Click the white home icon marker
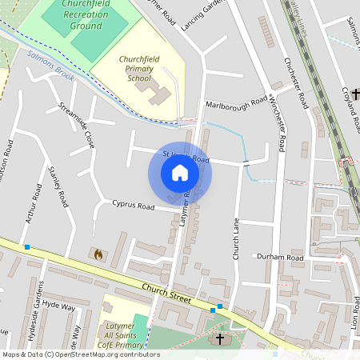pos(180,173)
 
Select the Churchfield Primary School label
pos(145,69)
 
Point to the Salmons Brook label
pos(50,66)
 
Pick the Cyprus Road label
pos(133,206)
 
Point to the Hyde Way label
pos(58,306)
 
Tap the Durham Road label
pos(280,258)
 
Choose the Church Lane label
pos(236,238)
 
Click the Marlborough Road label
pos(236,103)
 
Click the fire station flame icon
pos(98,254)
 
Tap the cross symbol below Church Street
pos(220,339)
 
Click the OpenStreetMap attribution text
pos(80,354)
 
